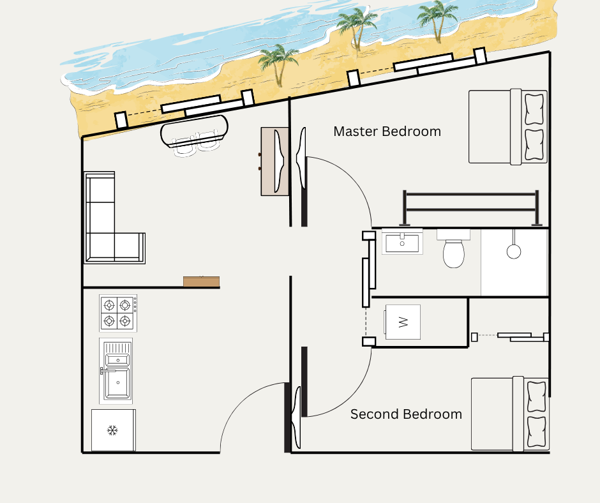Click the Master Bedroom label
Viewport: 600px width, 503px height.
(387, 131)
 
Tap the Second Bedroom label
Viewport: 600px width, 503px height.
(406, 414)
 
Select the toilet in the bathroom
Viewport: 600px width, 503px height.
(453, 248)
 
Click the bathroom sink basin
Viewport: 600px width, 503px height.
(402, 241)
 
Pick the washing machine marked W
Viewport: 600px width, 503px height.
(403, 322)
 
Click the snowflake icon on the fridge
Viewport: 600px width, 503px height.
(112, 430)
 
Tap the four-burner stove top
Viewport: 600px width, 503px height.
(118, 313)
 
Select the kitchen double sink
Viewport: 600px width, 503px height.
(116, 371)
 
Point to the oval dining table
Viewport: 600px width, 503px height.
(195, 130)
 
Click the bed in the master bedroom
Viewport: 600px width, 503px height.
(508, 126)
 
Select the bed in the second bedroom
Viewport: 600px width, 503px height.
(510, 414)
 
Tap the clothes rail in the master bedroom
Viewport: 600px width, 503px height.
(470, 209)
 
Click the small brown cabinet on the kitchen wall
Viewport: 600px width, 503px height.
(201, 282)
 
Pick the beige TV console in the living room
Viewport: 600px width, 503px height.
(274, 161)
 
